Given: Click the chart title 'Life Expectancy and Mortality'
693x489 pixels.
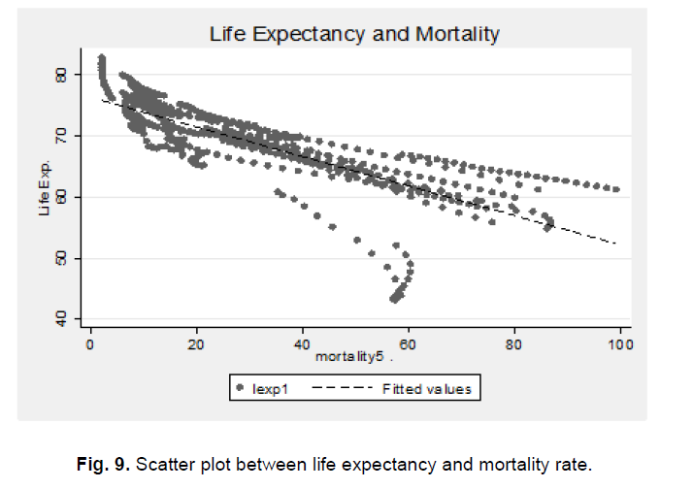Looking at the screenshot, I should coord(354,34).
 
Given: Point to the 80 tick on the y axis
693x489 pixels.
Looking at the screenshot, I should coord(61,74).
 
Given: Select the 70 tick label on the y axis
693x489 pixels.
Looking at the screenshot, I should coord(61,135).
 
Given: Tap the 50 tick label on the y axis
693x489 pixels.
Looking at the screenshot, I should coord(61,258).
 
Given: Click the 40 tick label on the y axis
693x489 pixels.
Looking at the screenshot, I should coord(61,319).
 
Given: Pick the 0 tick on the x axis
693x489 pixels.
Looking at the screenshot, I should coord(90,343).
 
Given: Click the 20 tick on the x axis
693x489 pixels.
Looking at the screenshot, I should coord(196,343).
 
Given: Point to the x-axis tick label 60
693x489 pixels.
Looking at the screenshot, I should coord(409,343).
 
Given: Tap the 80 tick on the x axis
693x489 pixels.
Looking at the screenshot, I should coord(514,343).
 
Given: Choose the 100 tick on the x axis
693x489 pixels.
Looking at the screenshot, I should coord(620,343).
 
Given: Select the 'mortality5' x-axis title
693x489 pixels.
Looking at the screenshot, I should coord(346,357).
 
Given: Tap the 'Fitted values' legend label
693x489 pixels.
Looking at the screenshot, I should coord(426,389).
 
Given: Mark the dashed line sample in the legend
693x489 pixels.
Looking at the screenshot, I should coord(346,389).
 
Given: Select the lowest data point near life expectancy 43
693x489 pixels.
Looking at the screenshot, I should coord(394,299).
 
